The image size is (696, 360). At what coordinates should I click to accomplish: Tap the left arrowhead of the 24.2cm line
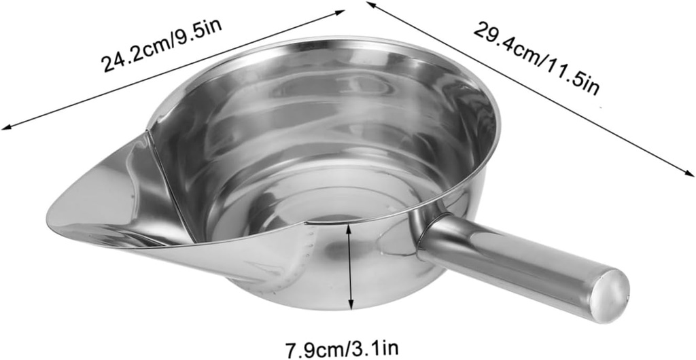click(x=5, y=126)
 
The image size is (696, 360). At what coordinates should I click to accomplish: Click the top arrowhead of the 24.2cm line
click(x=343, y=10)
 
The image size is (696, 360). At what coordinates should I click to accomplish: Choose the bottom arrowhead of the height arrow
click(x=351, y=306)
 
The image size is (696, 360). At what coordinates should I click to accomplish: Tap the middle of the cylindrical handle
click(x=517, y=265)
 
